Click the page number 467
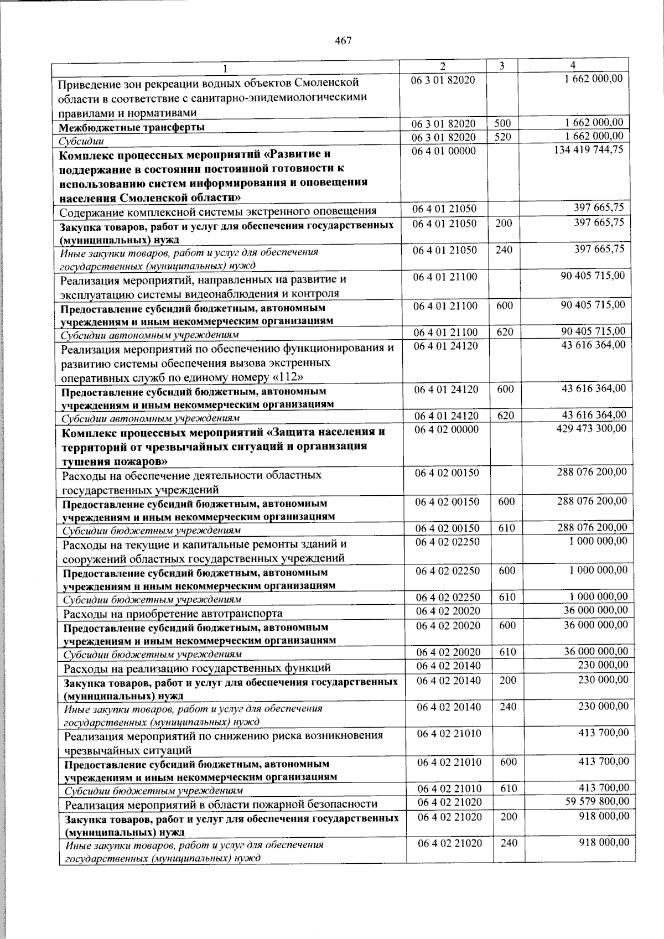[x=343, y=41]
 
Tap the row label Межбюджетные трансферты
[x=131, y=127]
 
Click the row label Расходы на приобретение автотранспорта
[x=173, y=613]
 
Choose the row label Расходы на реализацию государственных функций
[x=197, y=668]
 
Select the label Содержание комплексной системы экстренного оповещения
[x=219, y=211]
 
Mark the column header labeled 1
[x=225, y=69]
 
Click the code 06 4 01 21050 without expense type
[x=444, y=209]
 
